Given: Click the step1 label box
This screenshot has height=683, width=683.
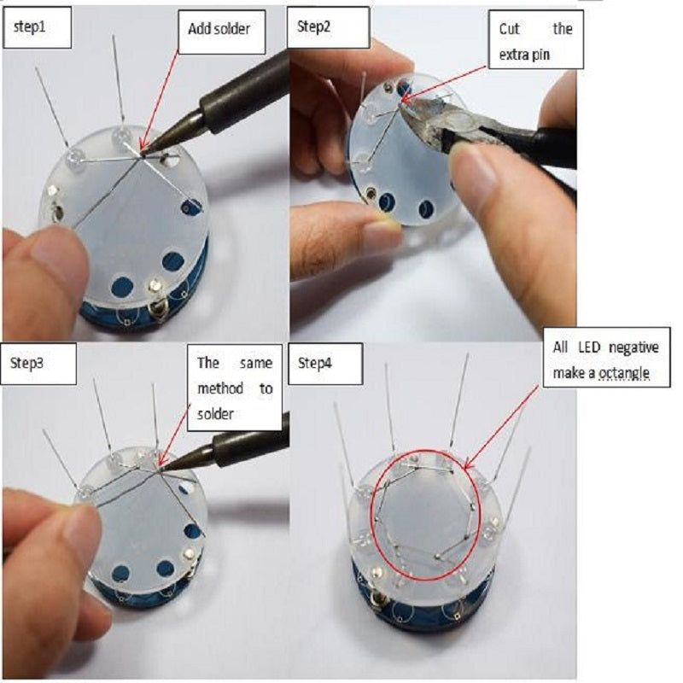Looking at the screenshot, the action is point(37,27).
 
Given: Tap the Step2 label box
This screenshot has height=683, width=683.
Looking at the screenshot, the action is point(329,27).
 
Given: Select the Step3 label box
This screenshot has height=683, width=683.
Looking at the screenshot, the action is point(38,364).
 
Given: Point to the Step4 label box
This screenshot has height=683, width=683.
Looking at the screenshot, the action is point(325,364).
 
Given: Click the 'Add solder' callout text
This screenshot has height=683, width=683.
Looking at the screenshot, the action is point(219,29).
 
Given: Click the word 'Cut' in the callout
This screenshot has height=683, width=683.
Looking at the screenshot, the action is point(509,29).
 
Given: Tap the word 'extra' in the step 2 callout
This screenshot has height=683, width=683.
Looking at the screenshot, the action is point(511,55).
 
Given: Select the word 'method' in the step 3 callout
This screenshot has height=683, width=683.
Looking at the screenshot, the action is point(220,388).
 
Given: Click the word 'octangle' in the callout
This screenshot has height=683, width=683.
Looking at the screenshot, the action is point(624,373).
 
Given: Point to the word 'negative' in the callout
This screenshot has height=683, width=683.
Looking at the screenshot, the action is point(633,348).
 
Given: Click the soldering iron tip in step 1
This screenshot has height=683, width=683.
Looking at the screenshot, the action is point(143,153).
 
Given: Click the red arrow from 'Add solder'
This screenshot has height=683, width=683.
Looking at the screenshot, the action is point(160,99).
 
